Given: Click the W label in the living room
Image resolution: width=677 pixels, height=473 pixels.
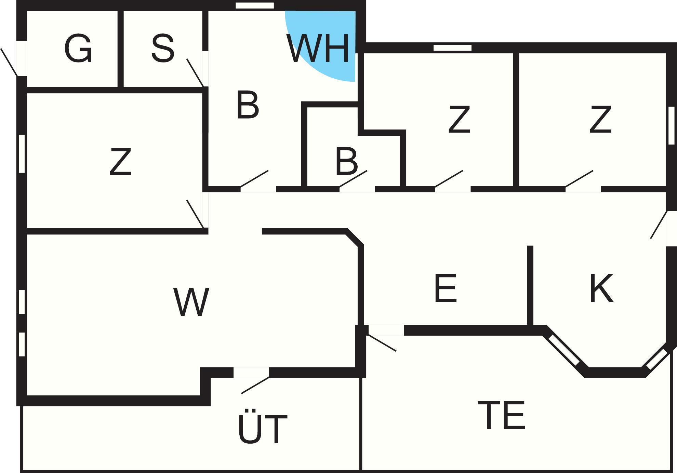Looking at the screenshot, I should click(x=191, y=302).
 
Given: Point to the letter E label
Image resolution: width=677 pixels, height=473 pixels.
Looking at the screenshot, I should click(x=446, y=288).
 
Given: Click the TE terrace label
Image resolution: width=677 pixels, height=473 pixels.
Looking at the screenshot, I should click(x=501, y=415).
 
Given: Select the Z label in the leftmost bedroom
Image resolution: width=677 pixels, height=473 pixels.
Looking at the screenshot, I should click(x=120, y=162).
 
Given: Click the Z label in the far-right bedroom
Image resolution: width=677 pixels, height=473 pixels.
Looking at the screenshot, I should click(x=600, y=119).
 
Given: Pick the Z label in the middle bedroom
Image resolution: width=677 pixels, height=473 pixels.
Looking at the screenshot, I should click(x=459, y=119).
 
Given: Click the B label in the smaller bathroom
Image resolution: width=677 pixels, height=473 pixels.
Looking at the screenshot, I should click(x=347, y=162).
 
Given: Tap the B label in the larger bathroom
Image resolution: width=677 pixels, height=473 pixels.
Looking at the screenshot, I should click(x=248, y=105).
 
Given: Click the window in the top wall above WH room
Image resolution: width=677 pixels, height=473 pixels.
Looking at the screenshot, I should click(x=255, y=5).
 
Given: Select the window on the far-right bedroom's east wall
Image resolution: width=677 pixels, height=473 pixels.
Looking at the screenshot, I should click(x=672, y=125).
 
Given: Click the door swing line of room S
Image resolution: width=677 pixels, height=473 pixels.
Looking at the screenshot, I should click(x=195, y=72).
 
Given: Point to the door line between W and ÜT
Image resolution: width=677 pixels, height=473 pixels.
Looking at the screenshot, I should click(x=255, y=385).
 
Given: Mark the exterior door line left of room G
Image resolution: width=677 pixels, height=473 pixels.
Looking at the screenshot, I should click(x=9, y=62).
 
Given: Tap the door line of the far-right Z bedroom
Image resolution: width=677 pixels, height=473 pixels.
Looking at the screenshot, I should click(x=579, y=179).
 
